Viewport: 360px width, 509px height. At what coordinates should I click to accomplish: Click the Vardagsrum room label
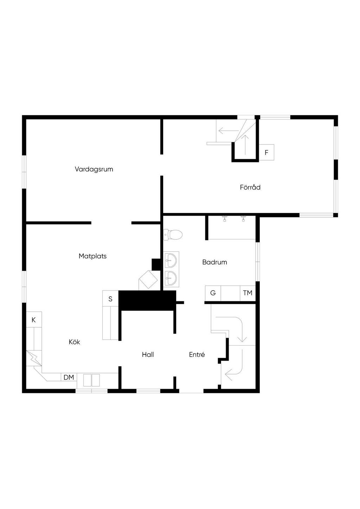94,169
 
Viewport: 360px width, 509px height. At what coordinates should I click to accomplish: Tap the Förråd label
250,187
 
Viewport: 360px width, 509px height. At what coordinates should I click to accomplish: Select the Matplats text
92,256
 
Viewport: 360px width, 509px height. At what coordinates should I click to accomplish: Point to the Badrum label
214,262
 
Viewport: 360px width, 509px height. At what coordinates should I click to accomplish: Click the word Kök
75,342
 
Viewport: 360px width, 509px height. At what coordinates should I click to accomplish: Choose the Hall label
148,355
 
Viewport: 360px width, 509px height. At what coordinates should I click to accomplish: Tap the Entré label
197,355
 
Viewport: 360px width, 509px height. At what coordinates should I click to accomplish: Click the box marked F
266,153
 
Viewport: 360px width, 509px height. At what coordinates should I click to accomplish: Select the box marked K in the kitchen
34,320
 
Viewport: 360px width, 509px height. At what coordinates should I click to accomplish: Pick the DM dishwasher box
69,378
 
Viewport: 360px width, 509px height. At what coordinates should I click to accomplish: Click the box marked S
110,299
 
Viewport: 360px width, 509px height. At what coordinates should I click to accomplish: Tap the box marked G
213,293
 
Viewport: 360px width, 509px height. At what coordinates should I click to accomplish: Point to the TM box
247,293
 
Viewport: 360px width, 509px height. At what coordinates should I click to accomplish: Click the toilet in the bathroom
173,234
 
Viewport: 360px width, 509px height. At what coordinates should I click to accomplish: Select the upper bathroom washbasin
172,260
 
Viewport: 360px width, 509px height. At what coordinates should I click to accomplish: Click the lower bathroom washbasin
172,278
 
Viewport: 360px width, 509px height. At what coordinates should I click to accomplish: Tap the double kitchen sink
91,380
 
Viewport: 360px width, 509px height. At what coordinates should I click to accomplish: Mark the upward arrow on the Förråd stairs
246,144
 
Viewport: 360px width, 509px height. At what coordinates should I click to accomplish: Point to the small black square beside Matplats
156,264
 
